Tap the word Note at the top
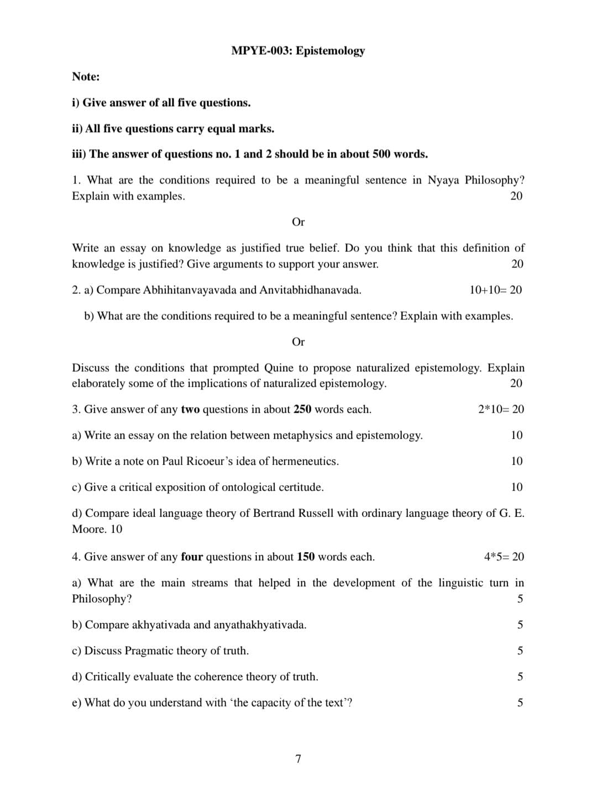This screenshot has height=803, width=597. point(85,77)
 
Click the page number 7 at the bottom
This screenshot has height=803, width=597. point(298,759)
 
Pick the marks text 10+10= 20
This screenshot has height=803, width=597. point(495,290)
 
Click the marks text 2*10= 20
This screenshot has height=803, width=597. point(501,410)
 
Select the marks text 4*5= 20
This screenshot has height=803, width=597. point(504,557)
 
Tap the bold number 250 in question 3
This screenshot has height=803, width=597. point(302,410)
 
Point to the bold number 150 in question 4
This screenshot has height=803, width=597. point(306,557)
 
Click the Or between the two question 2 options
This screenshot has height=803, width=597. point(298,342)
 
